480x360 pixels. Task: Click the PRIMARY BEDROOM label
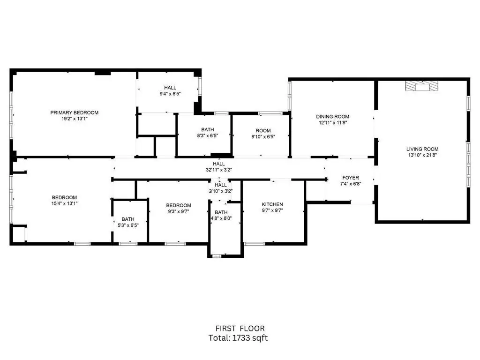(x=75, y=112)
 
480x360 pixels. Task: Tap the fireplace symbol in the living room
(x=422, y=86)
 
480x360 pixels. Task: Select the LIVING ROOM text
(x=422, y=149)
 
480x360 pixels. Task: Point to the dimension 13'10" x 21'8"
(x=422, y=155)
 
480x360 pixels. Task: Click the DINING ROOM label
(x=332, y=117)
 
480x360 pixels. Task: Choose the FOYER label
(x=351, y=178)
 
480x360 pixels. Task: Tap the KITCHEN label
(x=272, y=204)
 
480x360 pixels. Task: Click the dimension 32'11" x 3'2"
(x=218, y=170)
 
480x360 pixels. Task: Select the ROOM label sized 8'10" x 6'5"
(x=263, y=131)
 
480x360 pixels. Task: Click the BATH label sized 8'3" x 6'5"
(x=208, y=130)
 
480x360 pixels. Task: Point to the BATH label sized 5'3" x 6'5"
(x=128, y=219)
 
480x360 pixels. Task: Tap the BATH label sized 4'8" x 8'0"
(x=221, y=212)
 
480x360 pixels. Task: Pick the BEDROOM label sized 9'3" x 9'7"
(x=179, y=205)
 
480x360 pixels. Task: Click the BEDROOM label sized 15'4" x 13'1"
(x=64, y=197)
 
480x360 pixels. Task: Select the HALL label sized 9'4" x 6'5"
(x=170, y=88)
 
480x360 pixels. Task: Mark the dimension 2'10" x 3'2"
(x=221, y=191)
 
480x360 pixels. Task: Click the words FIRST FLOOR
(x=240, y=329)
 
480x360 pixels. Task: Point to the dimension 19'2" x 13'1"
(x=75, y=119)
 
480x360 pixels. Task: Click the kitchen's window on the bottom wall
(x=255, y=244)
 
